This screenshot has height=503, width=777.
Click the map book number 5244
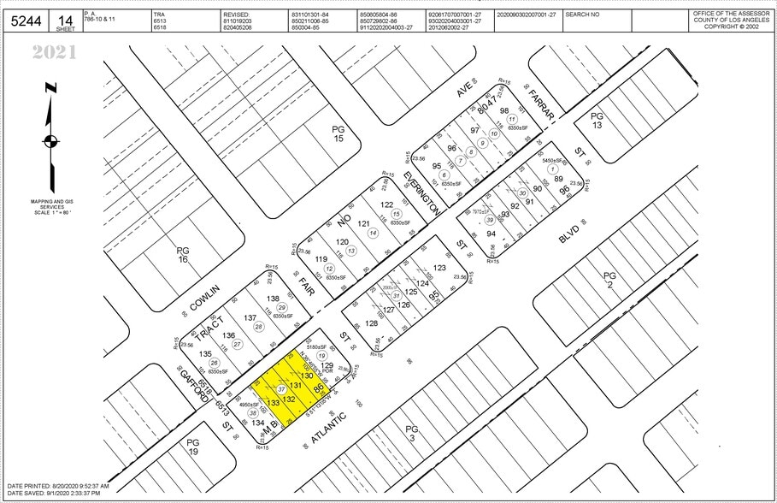(26, 21)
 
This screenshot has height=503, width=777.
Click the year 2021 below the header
(55, 53)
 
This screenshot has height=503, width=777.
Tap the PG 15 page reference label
(338, 133)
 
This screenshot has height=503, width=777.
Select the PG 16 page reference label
(182, 255)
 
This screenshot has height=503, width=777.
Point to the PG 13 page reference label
(597, 121)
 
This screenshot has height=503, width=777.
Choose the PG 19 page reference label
(192, 447)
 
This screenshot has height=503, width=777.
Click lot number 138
(273, 299)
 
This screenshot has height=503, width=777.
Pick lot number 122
(386, 204)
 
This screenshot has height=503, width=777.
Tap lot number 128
(371, 323)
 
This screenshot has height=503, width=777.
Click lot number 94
(491, 234)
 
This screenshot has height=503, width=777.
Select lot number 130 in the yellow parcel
(306, 376)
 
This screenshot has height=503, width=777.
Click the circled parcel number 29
(281, 308)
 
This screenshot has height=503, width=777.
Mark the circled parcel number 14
(372, 233)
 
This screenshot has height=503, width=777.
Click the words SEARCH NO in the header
(582, 15)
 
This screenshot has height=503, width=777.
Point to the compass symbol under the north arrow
(51, 141)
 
